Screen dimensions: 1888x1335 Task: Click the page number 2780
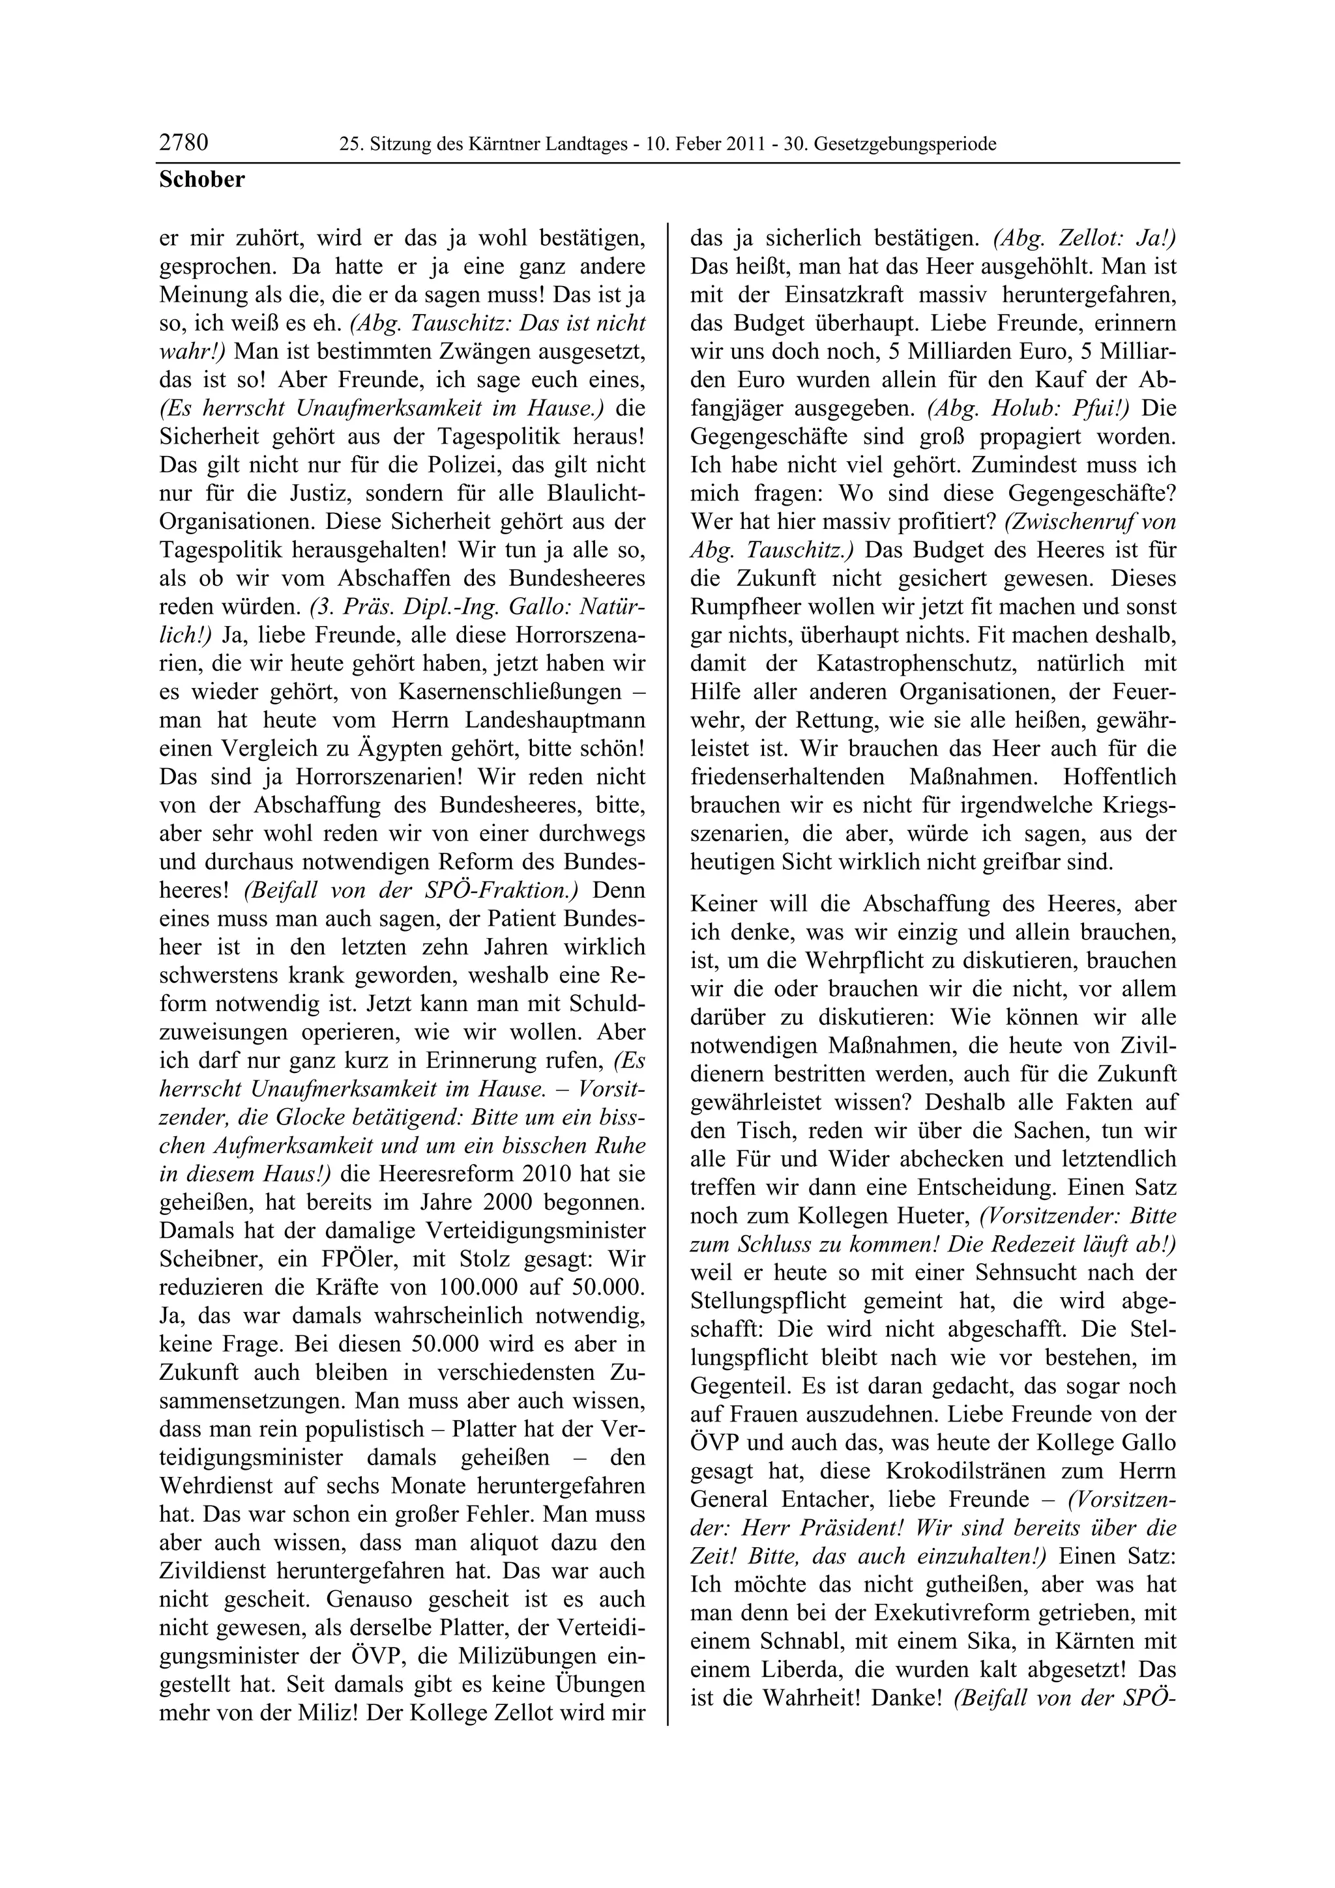coord(183,143)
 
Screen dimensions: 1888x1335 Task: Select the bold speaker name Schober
coord(201,179)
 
